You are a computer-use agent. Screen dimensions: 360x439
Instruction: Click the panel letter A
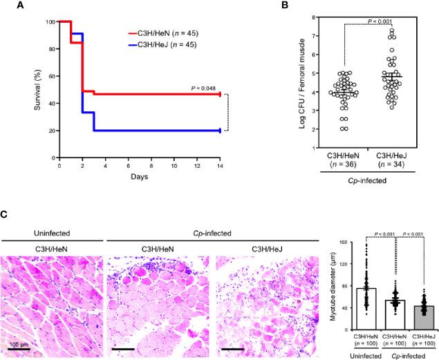pyautogui.click(x=6, y=6)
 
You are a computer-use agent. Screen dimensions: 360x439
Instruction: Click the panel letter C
pyautogui.click(x=6, y=216)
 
